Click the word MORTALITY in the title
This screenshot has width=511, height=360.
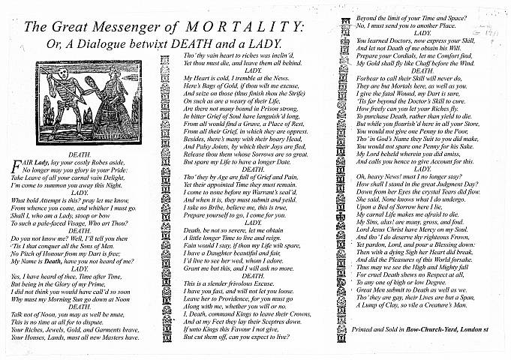239,28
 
